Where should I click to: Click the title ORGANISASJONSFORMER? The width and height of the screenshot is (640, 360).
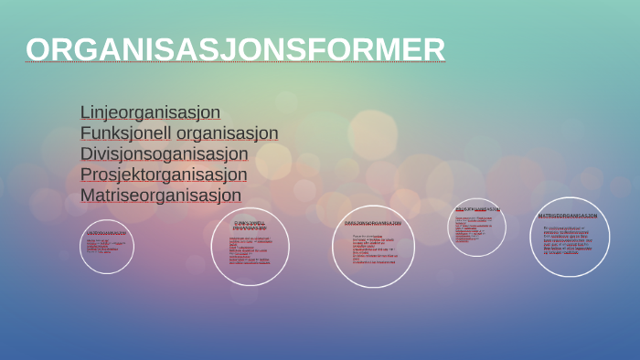tap(235, 49)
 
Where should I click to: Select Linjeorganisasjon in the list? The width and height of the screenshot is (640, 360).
tap(150, 112)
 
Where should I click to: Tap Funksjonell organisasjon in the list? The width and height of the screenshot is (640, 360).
tap(179, 133)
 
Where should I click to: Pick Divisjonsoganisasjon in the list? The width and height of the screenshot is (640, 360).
tap(164, 154)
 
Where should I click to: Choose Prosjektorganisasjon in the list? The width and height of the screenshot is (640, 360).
tap(164, 175)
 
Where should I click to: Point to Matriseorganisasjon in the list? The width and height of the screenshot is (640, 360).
tap(161, 195)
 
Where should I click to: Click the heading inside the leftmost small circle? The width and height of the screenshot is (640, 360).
tap(107, 233)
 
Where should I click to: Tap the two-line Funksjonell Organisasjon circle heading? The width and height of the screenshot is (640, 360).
tap(250, 225)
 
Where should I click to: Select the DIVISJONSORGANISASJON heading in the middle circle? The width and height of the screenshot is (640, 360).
tap(373, 223)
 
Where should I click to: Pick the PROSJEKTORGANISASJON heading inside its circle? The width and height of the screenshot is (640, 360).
tap(476, 209)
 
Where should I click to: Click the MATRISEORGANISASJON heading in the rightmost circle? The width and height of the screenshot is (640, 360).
tap(569, 216)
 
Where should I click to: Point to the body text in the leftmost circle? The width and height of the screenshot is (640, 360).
tap(106, 246)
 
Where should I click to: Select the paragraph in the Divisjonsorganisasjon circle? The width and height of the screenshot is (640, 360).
tap(373, 249)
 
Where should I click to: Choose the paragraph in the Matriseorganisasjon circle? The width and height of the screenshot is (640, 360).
tap(569, 239)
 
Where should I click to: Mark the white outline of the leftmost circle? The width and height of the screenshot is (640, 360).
tap(80, 247)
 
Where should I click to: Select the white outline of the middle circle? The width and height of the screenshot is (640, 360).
tap(333, 247)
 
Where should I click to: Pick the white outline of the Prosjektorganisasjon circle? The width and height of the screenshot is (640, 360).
tap(448, 228)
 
